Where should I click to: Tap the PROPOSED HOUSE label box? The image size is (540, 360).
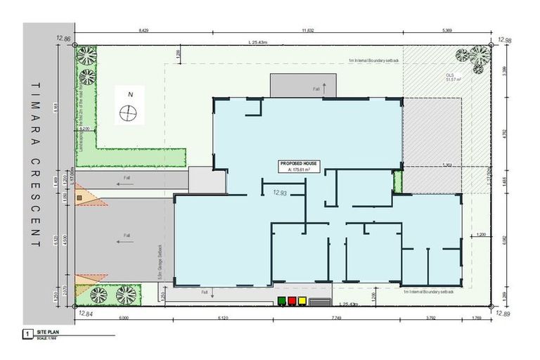299,167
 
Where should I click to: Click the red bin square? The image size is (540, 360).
292,301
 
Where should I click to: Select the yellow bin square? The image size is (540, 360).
302,301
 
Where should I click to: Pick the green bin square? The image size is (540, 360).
281,301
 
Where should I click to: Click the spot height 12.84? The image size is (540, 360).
86,314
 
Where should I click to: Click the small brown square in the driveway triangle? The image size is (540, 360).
79,198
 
